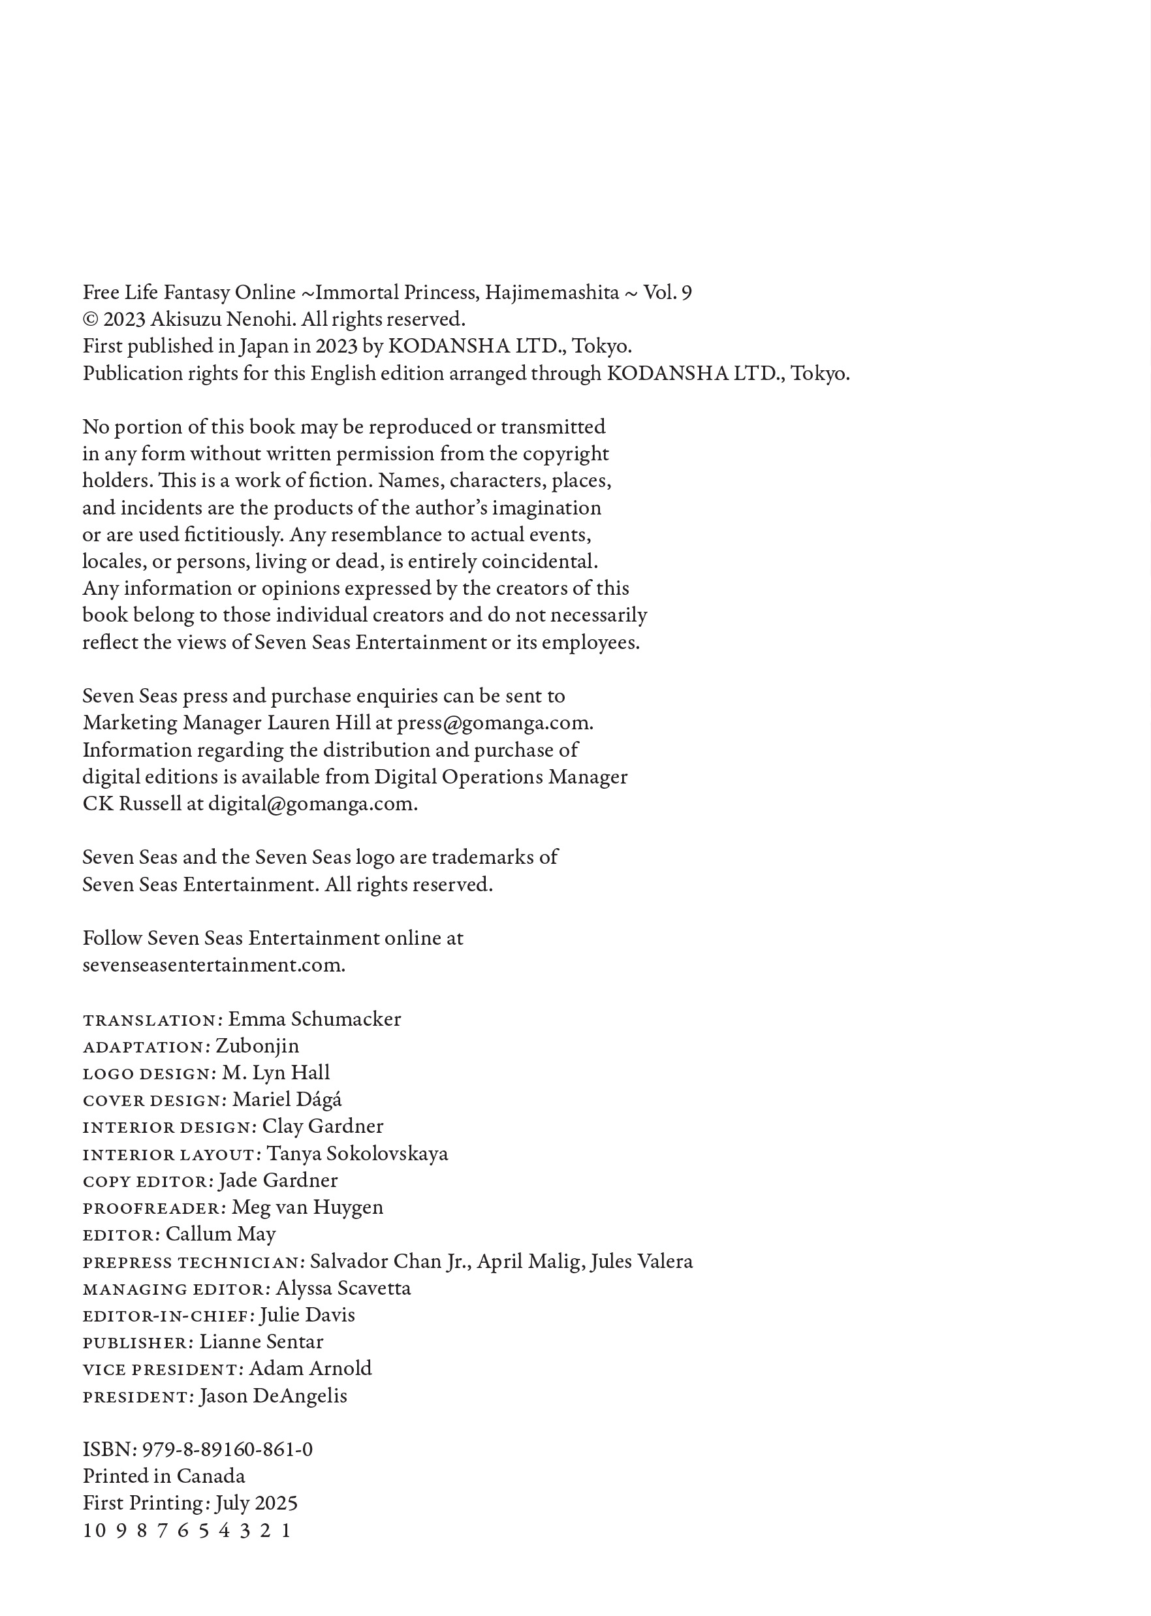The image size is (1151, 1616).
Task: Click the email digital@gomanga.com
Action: click(x=312, y=804)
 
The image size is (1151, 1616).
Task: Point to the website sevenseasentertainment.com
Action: click(x=213, y=965)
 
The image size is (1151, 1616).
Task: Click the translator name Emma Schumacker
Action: click(x=314, y=1019)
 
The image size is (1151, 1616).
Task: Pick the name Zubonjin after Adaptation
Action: click(x=257, y=1046)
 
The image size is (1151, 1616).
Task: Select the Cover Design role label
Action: click(x=153, y=1100)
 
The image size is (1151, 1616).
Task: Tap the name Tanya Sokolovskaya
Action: click(x=357, y=1154)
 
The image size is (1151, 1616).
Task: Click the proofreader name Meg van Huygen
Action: click(x=307, y=1207)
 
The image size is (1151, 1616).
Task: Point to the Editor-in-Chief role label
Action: click(x=167, y=1316)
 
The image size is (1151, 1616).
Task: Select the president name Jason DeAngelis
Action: click(x=273, y=1396)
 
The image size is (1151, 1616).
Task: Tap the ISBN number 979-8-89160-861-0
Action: click(x=227, y=1450)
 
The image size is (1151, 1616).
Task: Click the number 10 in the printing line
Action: click(x=94, y=1531)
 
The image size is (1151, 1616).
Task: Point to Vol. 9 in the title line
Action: click(x=667, y=293)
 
